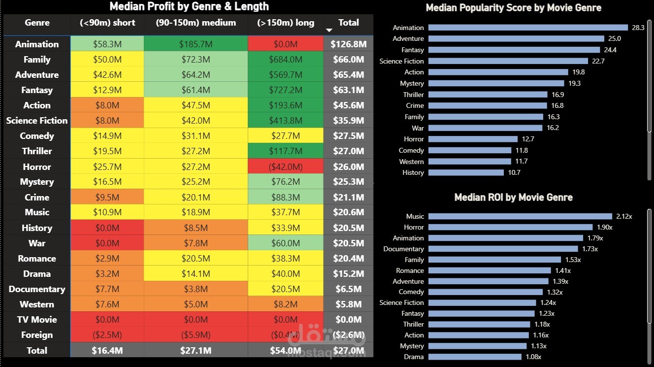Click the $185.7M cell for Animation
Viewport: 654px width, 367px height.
[196, 44]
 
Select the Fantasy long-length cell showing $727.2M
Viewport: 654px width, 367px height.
[286, 90]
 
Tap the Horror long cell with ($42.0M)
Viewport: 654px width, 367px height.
[286, 167]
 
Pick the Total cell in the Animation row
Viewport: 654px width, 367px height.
[348, 44]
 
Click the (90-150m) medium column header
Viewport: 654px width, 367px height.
[196, 23]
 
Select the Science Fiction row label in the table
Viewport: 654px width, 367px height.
[37, 120]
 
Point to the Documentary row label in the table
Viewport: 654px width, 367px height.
[37, 289]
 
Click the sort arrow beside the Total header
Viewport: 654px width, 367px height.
[329, 30]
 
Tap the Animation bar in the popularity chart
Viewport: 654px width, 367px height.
[528, 28]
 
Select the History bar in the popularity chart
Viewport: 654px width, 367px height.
[466, 172]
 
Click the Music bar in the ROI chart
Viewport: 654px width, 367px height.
[520, 216]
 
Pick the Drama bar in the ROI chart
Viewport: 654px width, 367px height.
[475, 357]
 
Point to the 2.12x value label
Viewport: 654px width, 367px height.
[624, 216]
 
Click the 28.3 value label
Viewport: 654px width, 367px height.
[638, 28]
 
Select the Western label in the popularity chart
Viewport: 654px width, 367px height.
[411, 162]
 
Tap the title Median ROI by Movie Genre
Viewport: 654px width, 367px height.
[513, 198]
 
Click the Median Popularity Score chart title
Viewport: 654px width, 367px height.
[513, 7]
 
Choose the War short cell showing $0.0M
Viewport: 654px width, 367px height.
[107, 243]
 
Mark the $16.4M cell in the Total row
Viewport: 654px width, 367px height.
[107, 350]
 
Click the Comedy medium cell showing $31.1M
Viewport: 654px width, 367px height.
[196, 135]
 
